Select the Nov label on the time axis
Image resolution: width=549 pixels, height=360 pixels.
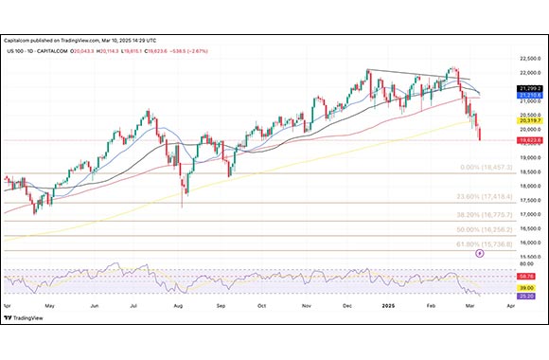(306, 307)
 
